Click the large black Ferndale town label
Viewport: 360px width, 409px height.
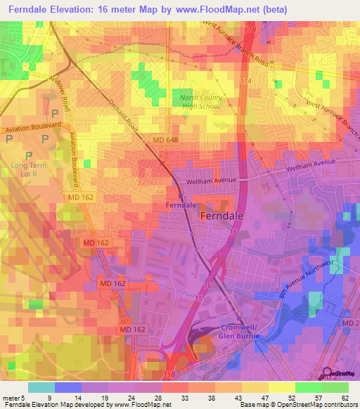pyautogui.click(x=223, y=217)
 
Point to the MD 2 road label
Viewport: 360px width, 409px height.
pyautogui.click(x=349, y=322)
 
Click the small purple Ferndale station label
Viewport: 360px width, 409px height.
pyautogui.click(x=181, y=204)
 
